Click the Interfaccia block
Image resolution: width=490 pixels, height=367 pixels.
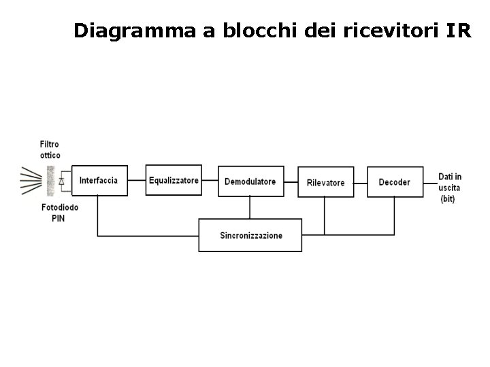click(x=99, y=181)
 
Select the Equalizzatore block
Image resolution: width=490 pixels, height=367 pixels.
click(x=174, y=180)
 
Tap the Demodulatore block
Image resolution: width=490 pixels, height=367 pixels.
click(x=250, y=181)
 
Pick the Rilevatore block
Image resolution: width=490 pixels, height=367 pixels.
click(x=325, y=182)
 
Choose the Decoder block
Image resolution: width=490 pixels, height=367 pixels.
click(x=395, y=181)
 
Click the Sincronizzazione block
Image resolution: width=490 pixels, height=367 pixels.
click(x=250, y=235)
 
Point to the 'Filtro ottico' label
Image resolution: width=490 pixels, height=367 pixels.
click(x=50, y=150)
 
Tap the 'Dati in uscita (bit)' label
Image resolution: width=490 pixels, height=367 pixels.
click(x=449, y=188)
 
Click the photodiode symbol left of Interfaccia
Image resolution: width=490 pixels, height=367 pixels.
click(x=62, y=181)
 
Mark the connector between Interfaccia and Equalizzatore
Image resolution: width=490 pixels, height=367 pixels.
click(x=136, y=180)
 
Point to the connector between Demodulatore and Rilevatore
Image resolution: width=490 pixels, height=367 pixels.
click(x=291, y=181)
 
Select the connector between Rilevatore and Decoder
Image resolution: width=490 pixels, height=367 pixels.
click(x=360, y=181)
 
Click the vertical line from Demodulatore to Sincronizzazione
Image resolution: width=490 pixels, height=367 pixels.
click(x=250, y=207)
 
